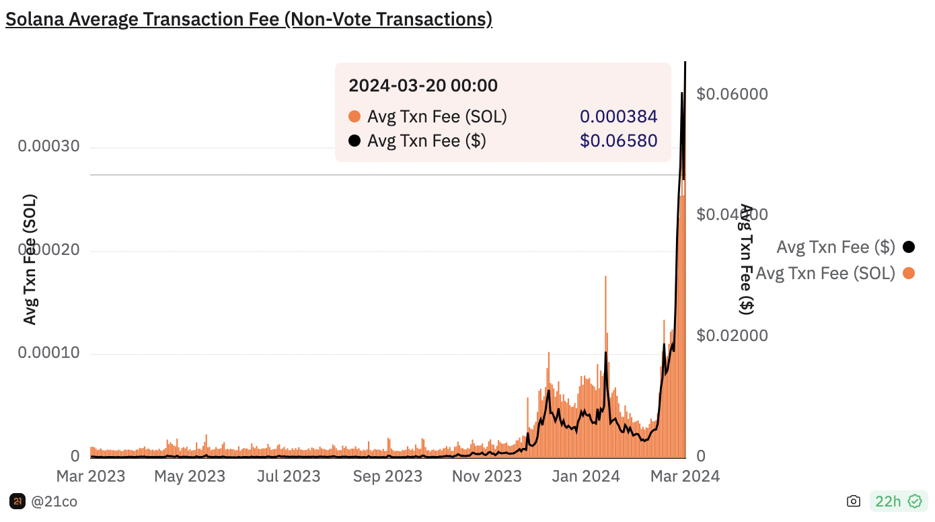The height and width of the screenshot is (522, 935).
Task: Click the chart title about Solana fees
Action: [x=249, y=19]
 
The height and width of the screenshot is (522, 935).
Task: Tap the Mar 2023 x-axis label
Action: [x=91, y=476]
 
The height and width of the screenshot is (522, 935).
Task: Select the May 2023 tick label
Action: [x=190, y=476]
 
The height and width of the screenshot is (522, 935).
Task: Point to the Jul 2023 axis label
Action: [x=289, y=476]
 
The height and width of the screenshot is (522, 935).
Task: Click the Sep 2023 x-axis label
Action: [x=387, y=476]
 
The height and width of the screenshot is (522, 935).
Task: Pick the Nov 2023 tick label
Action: [x=486, y=476]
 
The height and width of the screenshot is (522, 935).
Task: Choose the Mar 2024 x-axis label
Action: [x=684, y=476]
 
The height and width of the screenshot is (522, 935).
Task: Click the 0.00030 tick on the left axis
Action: [x=48, y=147]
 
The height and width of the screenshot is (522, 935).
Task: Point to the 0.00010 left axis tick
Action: [x=48, y=353]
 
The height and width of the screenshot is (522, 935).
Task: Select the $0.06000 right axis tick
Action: [x=732, y=94]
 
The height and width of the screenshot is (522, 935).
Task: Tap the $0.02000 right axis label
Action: [x=732, y=335]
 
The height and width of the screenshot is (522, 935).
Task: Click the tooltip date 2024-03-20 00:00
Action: [x=423, y=85]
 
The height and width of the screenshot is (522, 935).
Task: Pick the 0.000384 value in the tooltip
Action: [x=618, y=116]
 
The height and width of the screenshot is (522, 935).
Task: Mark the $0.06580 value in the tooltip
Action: [x=618, y=141]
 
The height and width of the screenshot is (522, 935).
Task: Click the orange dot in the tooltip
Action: [x=354, y=116]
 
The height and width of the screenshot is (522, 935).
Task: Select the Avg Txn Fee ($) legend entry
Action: [x=835, y=247]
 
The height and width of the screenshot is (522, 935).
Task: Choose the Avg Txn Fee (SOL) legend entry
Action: [x=825, y=273]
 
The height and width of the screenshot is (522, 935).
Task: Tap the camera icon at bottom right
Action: [x=854, y=501]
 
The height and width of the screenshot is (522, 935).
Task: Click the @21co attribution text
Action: [x=54, y=501]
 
